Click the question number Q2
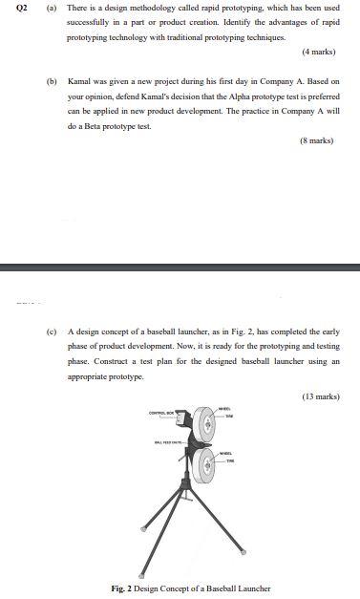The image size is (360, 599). (11, 8)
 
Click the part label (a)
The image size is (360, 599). (52, 8)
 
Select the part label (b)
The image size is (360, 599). (52, 81)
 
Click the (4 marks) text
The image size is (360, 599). (319, 51)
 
